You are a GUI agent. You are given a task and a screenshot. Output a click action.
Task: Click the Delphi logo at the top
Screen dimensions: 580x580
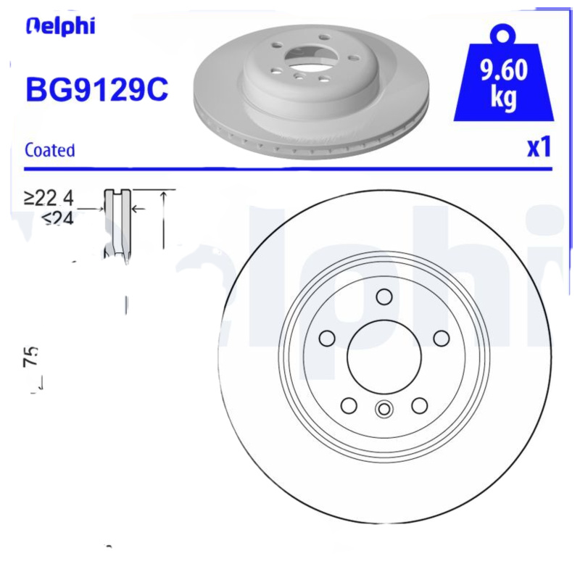click(x=59, y=26)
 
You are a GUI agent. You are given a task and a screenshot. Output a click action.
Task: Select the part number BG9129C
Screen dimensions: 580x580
click(x=96, y=90)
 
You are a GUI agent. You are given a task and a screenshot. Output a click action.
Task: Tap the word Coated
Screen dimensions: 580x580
click(x=49, y=150)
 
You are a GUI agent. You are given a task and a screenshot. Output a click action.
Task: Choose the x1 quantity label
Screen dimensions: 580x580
click(x=539, y=147)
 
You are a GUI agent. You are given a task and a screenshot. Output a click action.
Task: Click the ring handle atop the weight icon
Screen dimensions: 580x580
click(x=504, y=33)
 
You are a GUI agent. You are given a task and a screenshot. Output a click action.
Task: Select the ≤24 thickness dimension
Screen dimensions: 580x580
click(x=58, y=217)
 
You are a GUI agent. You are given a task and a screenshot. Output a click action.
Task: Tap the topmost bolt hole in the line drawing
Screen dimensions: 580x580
click(x=384, y=297)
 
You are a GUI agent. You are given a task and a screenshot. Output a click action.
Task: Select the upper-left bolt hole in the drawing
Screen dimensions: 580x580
click(x=327, y=338)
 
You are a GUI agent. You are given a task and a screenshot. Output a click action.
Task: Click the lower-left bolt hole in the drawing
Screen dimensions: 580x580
click(x=349, y=405)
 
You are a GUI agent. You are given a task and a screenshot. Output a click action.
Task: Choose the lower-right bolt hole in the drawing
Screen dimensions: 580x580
click(x=419, y=405)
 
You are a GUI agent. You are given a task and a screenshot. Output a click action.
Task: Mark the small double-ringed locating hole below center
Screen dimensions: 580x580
click(x=384, y=410)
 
